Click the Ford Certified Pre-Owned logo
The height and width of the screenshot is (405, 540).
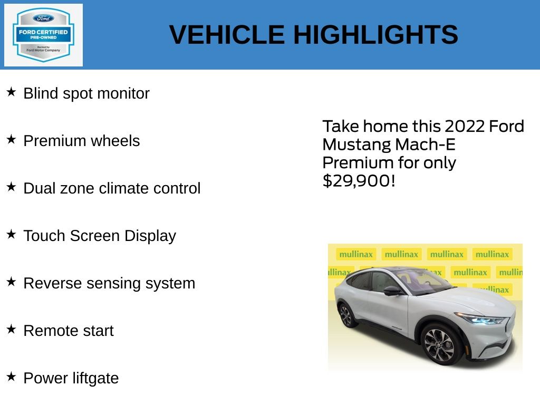43,35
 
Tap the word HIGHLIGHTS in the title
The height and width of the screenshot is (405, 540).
375,35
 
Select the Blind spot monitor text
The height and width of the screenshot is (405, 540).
86,94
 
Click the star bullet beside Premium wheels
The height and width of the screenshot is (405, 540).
11,140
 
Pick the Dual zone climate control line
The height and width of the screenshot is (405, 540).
112,189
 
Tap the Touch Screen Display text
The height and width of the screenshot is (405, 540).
100,236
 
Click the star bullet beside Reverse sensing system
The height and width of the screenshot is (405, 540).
11,282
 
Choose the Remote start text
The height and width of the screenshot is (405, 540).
69,331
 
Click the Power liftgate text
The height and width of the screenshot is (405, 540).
71,379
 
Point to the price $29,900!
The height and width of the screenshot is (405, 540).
359,181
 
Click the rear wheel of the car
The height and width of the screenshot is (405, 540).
346,314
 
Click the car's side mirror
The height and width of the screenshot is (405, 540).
392,290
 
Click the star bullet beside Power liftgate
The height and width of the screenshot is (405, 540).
11,377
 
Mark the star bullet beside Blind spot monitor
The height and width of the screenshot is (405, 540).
11,92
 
